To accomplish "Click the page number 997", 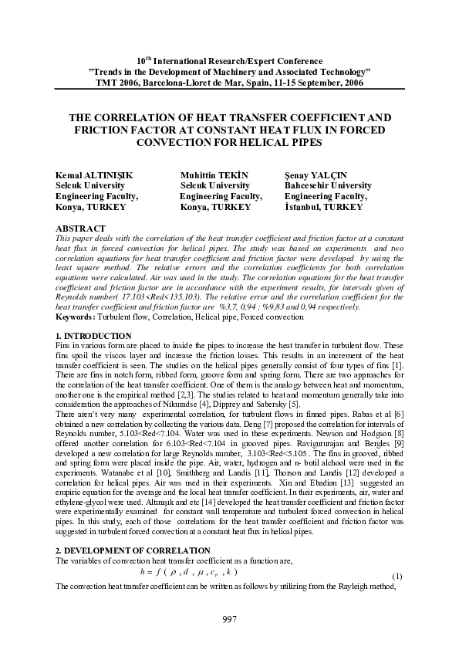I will [229, 619].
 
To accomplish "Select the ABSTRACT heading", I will [81, 229].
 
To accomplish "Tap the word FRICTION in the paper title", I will [103, 130].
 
